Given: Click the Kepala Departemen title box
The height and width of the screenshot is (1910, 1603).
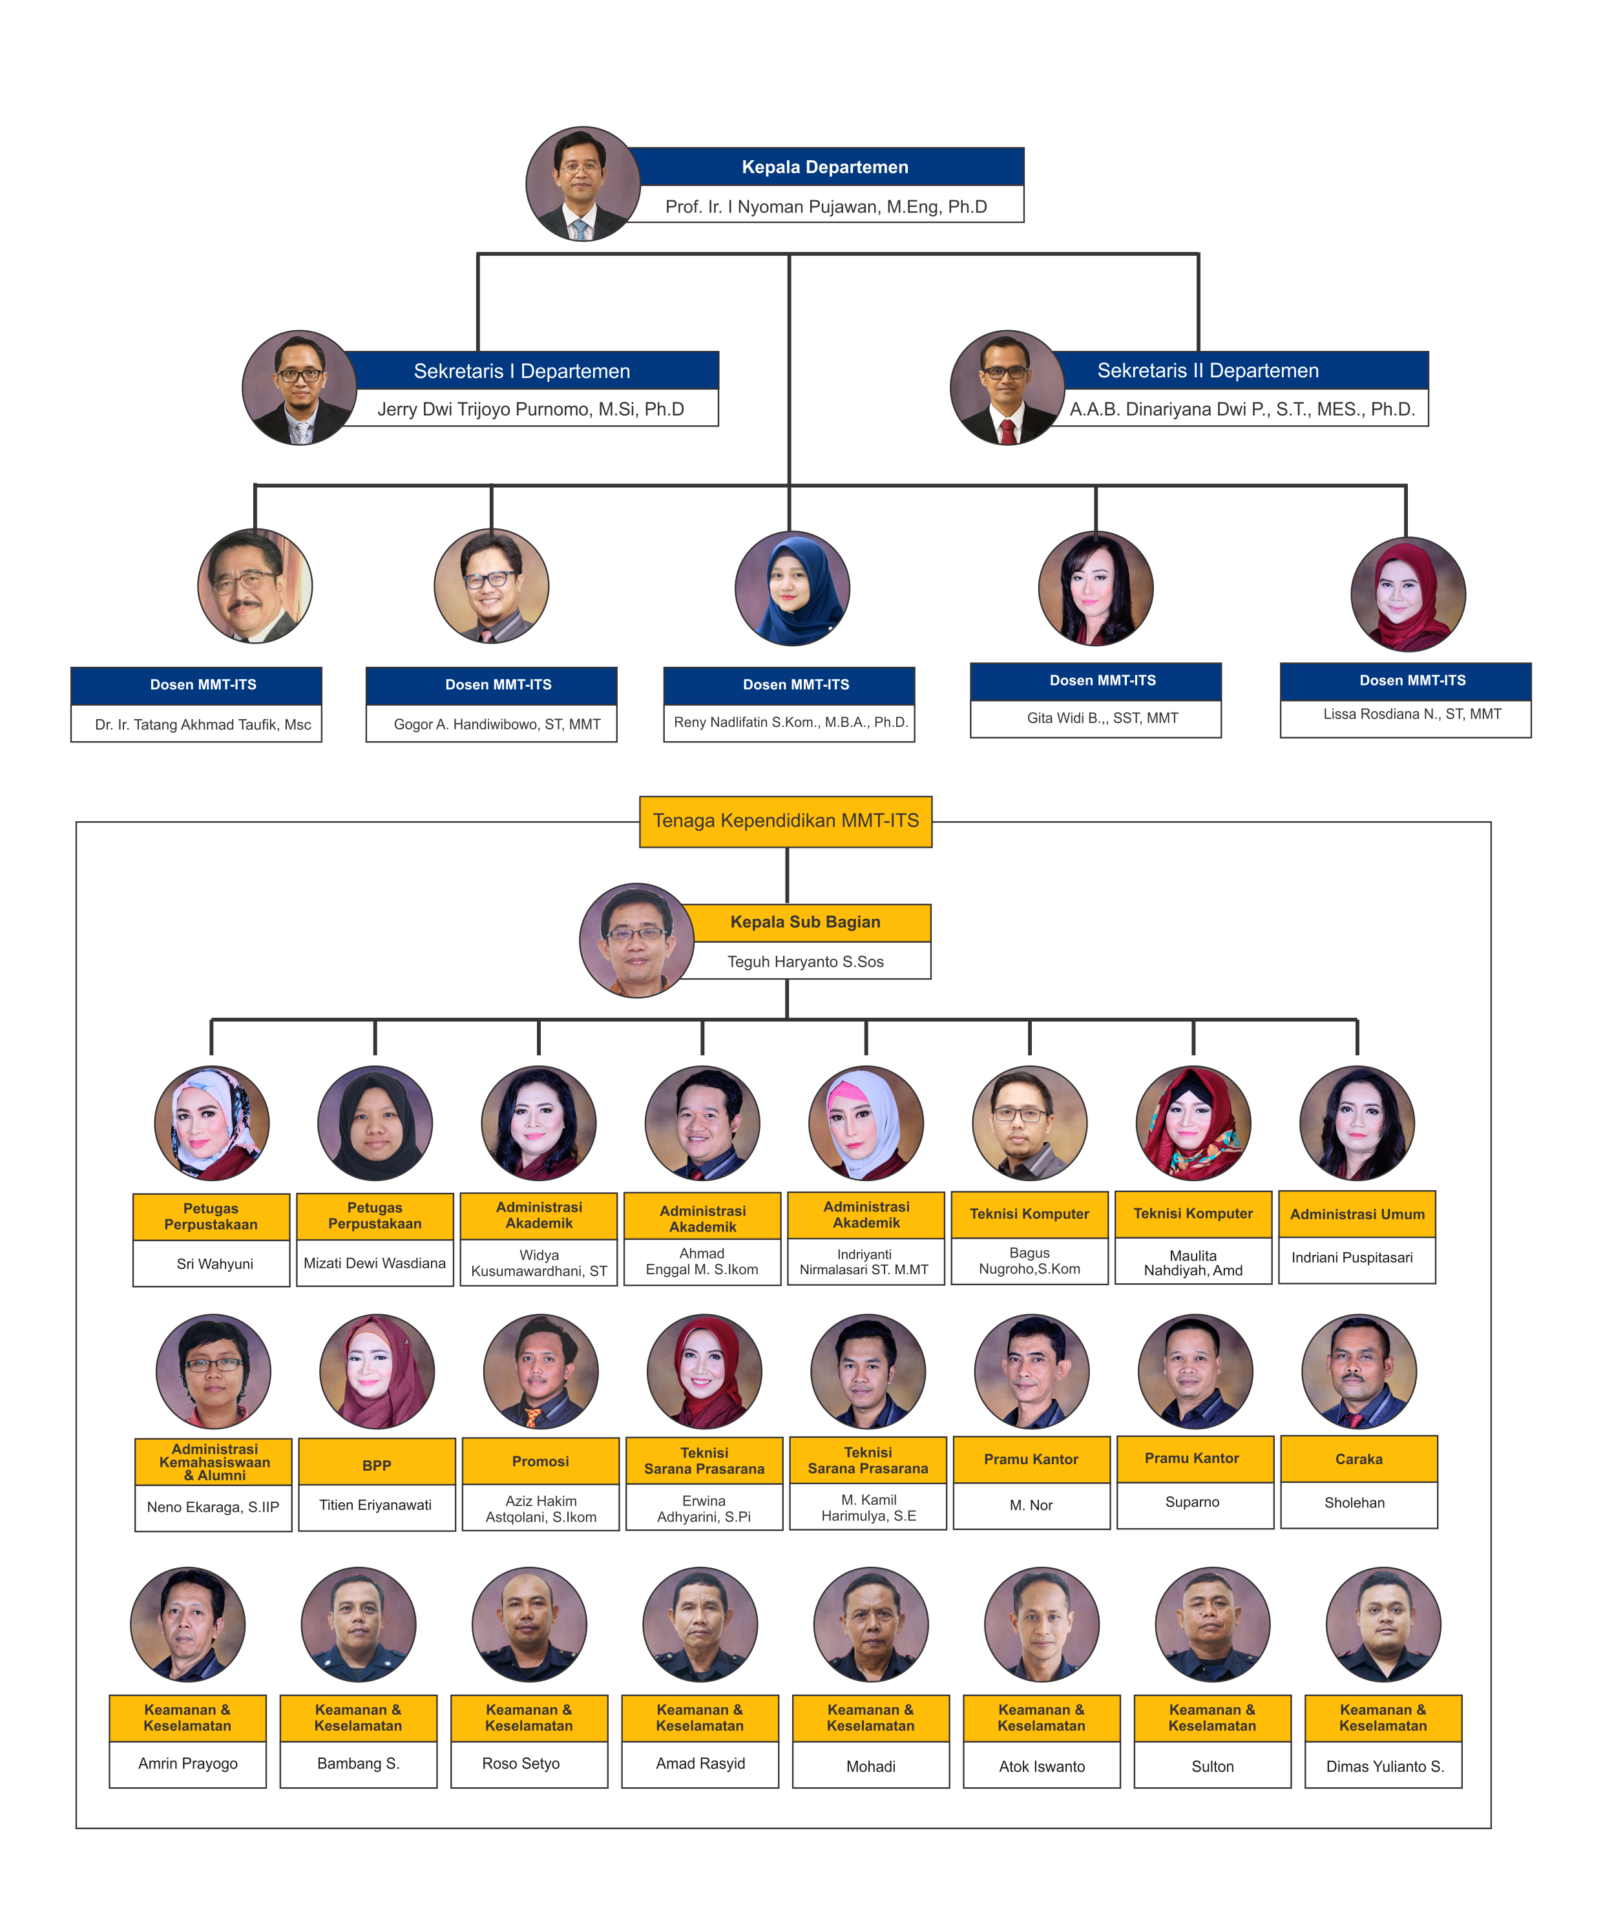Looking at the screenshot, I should (x=824, y=167).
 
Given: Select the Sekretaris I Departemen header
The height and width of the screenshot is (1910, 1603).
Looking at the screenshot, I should (x=522, y=371).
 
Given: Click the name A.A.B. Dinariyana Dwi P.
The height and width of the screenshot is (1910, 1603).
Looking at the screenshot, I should (x=1241, y=409).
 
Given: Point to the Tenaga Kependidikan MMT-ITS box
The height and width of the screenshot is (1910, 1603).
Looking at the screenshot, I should (x=786, y=821).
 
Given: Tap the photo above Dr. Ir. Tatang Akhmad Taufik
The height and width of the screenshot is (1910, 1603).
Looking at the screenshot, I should (x=255, y=587).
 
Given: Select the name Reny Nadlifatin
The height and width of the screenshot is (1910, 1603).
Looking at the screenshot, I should (x=790, y=722).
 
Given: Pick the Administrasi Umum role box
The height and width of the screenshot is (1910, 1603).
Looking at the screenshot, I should (x=1357, y=1214).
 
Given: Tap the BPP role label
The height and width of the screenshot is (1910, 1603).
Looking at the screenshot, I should (x=377, y=1465).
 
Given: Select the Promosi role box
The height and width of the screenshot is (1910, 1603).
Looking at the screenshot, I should (x=540, y=1461).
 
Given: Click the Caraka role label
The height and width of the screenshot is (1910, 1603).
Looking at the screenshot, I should (x=1358, y=1459).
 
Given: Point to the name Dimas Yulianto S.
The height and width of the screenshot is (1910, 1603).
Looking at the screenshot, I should (x=1384, y=1767).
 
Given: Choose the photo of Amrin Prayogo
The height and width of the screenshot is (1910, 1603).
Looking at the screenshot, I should (x=188, y=1624).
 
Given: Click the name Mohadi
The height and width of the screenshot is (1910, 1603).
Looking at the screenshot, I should (x=870, y=1767).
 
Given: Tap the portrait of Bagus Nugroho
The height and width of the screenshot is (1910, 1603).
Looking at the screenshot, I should (x=1029, y=1123).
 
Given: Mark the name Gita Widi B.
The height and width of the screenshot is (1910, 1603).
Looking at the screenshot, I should (x=1102, y=718).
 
